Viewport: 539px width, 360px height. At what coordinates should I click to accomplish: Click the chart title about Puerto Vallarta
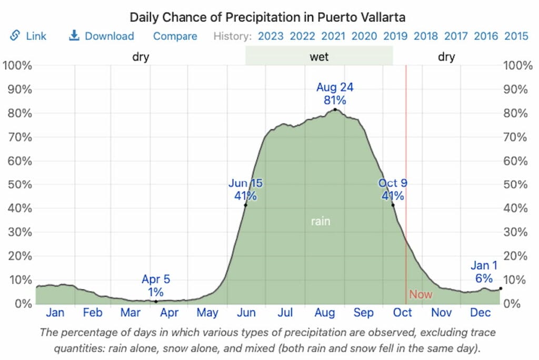click(267, 17)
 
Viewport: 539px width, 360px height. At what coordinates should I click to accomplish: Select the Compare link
click(175, 36)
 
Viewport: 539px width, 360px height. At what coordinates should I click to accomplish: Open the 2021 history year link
click(333, 36)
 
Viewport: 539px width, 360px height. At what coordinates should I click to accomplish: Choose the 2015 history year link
click(516, 36)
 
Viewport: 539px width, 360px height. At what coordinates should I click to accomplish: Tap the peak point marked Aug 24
click(335, 109)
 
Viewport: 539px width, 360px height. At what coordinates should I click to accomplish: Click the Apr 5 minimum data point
click(156, 301)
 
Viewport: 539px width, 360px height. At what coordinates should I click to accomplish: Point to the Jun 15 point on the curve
click(246, 205)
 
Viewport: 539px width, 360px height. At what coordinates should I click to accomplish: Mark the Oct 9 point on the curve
click(393, 205)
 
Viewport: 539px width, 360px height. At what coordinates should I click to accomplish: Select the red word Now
click(421, 294)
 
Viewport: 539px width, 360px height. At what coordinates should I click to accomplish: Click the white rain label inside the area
click(320, 221)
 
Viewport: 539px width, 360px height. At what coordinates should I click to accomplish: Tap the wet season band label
click(319, 56)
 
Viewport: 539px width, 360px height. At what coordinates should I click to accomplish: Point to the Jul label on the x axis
click(285, 313)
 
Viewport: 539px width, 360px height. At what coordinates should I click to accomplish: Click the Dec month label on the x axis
click(480, 313)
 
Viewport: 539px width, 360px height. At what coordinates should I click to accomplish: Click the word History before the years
click(232, 36)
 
